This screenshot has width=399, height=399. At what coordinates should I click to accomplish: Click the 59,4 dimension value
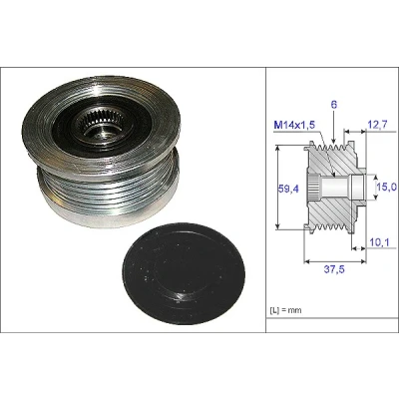click(x=288, y=189)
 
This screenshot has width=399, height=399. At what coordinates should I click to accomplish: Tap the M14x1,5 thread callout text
click(x=294, y=125)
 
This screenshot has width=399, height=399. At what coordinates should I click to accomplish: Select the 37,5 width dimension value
click(x=334, y=269)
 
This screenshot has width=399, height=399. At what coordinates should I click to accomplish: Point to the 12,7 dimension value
click(x=378, y=125)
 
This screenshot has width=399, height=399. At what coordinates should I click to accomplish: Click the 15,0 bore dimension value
click(x=387, y=187)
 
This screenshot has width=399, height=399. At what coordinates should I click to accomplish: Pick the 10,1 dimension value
click(x=379, y=243)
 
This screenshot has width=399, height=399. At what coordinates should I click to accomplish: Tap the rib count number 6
click(x=334, y=105)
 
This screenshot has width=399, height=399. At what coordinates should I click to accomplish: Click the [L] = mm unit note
click(x=285, y=310)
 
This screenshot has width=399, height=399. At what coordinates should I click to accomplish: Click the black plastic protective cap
click(x=184, y=273)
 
